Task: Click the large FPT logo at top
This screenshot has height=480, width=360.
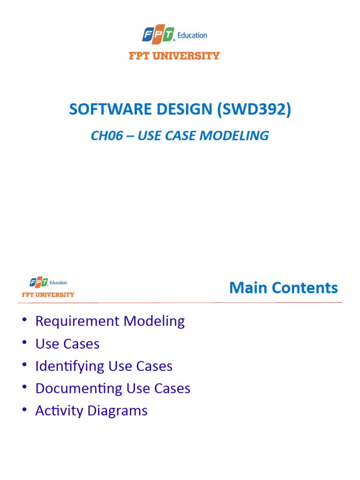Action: click(x=158, y=35)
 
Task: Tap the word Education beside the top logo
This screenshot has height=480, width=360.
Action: click(x=192, y=36)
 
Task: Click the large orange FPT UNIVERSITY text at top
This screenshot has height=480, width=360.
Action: click(x=174, y=56)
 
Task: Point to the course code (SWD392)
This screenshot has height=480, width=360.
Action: click(x=254, y=109)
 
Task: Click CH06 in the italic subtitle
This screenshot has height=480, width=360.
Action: click(x=105, y=136)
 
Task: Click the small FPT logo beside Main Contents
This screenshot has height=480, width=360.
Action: click(x=38, y=283)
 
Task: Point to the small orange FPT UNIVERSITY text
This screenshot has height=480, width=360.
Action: click(x=48, y=295)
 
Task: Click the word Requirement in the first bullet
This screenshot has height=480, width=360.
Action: click(x=77, y=322)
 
